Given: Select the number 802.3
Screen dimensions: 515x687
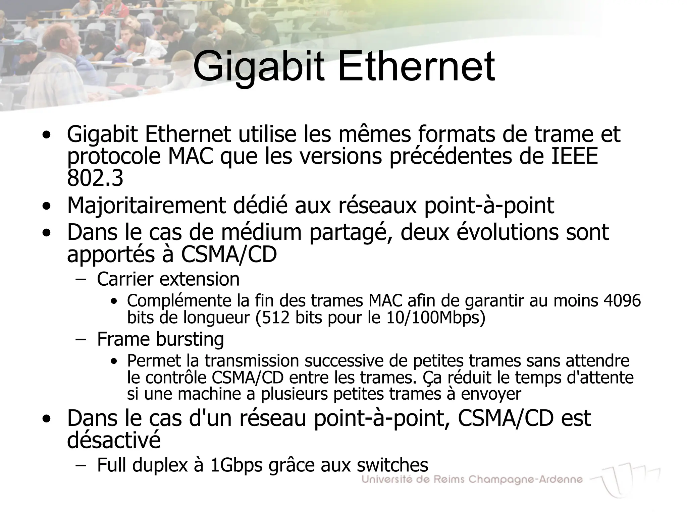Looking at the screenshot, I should point(95,178).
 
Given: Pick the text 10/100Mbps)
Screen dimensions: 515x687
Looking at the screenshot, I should point(436,317).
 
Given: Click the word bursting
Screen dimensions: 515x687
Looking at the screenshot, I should point(190,339).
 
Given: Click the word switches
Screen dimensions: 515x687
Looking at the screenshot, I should point(392,465).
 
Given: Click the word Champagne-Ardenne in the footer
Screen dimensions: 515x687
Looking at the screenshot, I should point(525,480).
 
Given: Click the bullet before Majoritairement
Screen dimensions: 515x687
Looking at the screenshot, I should point(47,207).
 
